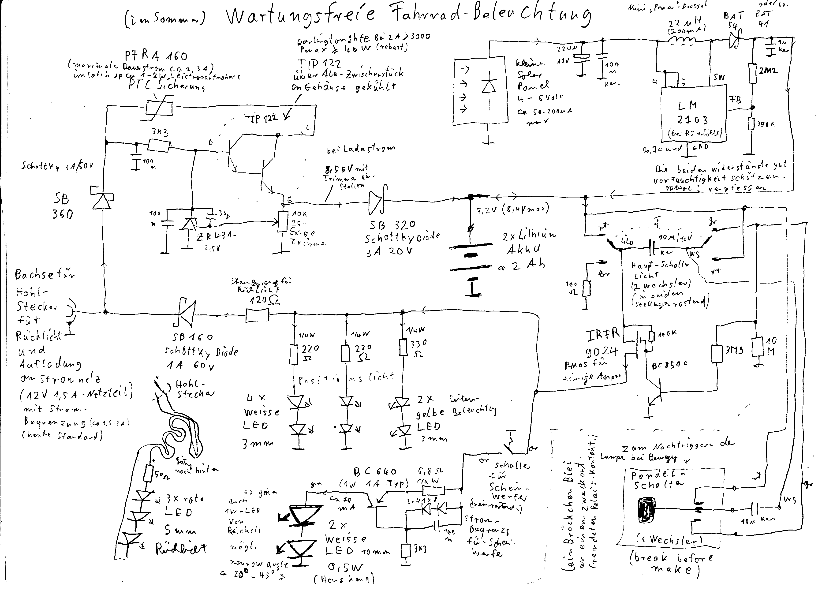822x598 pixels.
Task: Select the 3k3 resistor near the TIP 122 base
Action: [x=159, y=146]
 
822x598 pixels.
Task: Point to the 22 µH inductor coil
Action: [x=683, y=40]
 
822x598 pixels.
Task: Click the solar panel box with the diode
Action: [x=479, y=91]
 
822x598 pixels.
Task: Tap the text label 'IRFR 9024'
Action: [x=602, y=343]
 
